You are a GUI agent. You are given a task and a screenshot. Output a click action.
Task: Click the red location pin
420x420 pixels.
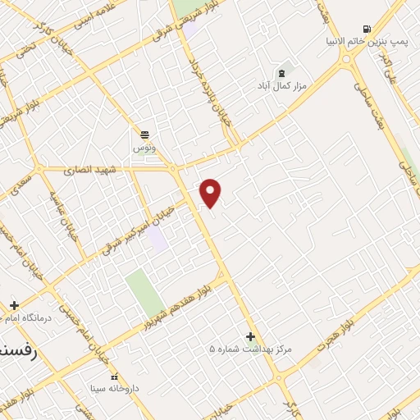pyautogui.click(x=211, y=193)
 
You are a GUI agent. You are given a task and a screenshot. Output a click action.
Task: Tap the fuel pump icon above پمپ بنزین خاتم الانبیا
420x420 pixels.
pyautogui.click(x=366, y=29)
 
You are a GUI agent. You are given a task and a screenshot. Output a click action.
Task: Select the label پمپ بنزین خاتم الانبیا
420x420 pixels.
pyautogui.click(x=366, y=41)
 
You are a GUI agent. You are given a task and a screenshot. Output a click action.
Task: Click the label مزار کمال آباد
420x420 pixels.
pyautogui.click(x=281, y=85)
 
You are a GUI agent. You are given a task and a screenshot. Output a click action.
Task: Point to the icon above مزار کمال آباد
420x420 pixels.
pyautogui.click(x=282, y=73)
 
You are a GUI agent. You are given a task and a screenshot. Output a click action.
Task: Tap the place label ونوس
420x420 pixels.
pyautogui.click(x=144, y=147)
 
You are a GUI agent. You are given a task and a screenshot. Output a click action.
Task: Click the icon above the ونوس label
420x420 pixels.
pyautogui.click(x=144, y=135)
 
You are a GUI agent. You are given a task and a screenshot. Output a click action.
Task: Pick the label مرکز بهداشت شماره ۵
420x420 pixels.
pyautogui.click(x=250, y=349)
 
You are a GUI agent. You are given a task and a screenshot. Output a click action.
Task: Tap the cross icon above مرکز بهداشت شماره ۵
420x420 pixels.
pyautogui.click(x=250, y=336)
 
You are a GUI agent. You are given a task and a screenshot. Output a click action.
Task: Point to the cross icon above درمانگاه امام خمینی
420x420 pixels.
pyautogui.click(x=14, y=305)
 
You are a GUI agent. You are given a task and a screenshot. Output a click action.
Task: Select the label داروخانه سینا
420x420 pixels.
pyautogui.click(x=116, y=387)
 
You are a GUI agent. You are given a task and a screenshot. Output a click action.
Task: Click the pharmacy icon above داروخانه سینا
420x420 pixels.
pyautogui.click(x=115, y=375)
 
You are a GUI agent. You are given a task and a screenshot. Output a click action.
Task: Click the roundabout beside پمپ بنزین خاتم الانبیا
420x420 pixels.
pyautogui.click(x=346, y=57)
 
